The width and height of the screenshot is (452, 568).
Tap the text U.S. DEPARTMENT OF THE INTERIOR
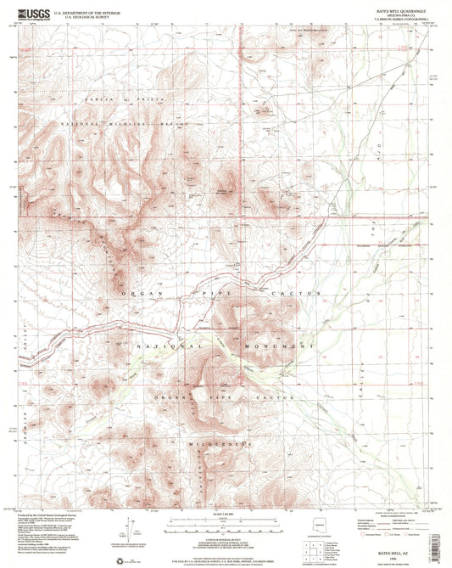click(87, 12)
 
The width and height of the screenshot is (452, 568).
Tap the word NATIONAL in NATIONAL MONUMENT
click(169, 346)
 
